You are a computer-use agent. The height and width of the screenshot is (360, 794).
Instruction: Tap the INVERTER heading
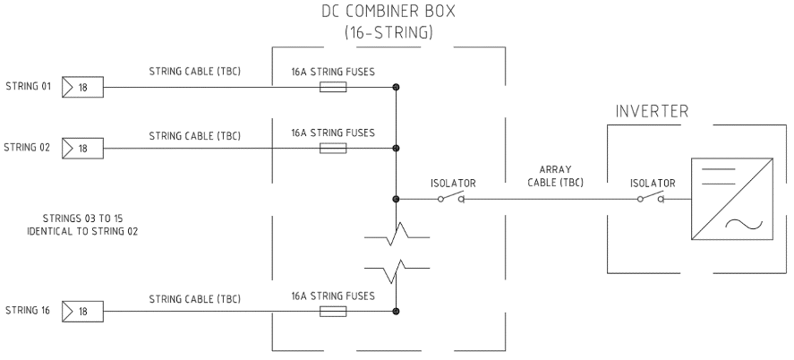[652, 113]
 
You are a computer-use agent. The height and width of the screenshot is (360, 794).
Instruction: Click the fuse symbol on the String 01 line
[333, 88]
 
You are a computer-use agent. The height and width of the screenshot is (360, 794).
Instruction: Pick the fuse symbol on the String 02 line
[333, 148]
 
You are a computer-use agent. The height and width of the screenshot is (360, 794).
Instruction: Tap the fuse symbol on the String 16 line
[333, 312]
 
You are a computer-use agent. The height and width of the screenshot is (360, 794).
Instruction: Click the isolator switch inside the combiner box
[449, 199]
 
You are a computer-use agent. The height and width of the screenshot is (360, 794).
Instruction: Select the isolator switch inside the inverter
[650, 199]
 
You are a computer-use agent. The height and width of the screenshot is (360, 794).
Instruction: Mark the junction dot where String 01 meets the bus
[396, 88]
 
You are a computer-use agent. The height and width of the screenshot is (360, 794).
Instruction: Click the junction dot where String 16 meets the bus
[396, 312]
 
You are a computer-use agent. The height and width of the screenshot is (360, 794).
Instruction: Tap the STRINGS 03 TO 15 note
[81, 224]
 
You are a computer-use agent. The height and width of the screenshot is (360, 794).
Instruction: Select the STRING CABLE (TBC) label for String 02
[194, 135]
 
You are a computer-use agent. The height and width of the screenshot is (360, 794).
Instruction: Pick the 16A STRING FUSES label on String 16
[332, 296]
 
